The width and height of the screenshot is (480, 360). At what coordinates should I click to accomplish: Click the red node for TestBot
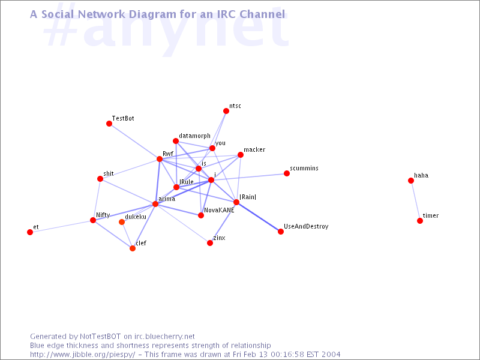coord(109,124)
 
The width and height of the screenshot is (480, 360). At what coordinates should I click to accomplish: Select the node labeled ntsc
coord(226,111)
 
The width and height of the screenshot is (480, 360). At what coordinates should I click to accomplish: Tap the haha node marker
coord(411,181)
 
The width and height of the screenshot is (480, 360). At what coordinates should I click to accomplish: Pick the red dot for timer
coord(420,221)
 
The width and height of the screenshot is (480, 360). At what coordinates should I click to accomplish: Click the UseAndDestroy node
coord(281,232)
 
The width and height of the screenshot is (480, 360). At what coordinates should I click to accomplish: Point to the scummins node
coord(287,173)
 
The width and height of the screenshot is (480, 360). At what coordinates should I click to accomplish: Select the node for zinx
coord(210,243)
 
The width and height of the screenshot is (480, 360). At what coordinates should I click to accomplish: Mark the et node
coord(30,232)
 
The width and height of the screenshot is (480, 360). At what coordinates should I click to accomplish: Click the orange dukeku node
coord(122,222)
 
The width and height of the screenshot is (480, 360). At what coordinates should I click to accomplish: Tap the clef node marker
coord(133,248)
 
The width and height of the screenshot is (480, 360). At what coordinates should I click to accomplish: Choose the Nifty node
coord(93,220)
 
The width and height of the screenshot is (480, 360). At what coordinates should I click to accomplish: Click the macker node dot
coord(241,155)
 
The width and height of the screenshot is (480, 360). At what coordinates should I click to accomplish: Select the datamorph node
coord(176,141)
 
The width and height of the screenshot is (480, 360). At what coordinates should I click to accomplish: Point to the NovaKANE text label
coord(219,210)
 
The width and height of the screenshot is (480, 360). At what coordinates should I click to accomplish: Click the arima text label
coord(167,199)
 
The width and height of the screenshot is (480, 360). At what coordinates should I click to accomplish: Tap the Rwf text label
coord(167,154)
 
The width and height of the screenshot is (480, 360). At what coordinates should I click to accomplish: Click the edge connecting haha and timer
coord(415,201)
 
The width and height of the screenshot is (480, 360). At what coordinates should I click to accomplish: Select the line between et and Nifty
coord(61,226)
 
